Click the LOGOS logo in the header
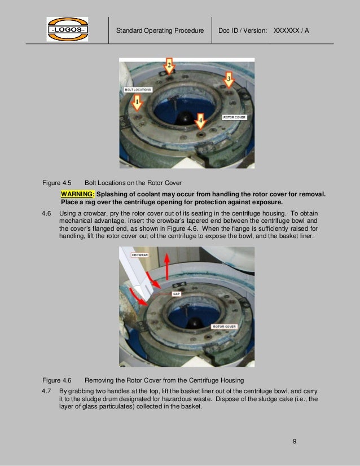click(x=67, y=29)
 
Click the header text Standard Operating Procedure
click(x=160, y=30)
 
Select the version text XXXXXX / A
click(x=291, y=30)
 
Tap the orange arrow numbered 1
click(x=137, y=103)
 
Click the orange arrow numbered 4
click(x=199, y=120)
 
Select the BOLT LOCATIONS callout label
click(x=137, y=90)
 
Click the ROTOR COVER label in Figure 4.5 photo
click(x=234, y=117)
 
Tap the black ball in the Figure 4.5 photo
click(x=185, y=118)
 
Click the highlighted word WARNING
click(x=78, y=194)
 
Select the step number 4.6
click(x=47, y=213)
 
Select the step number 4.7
click(x=47, y=390)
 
